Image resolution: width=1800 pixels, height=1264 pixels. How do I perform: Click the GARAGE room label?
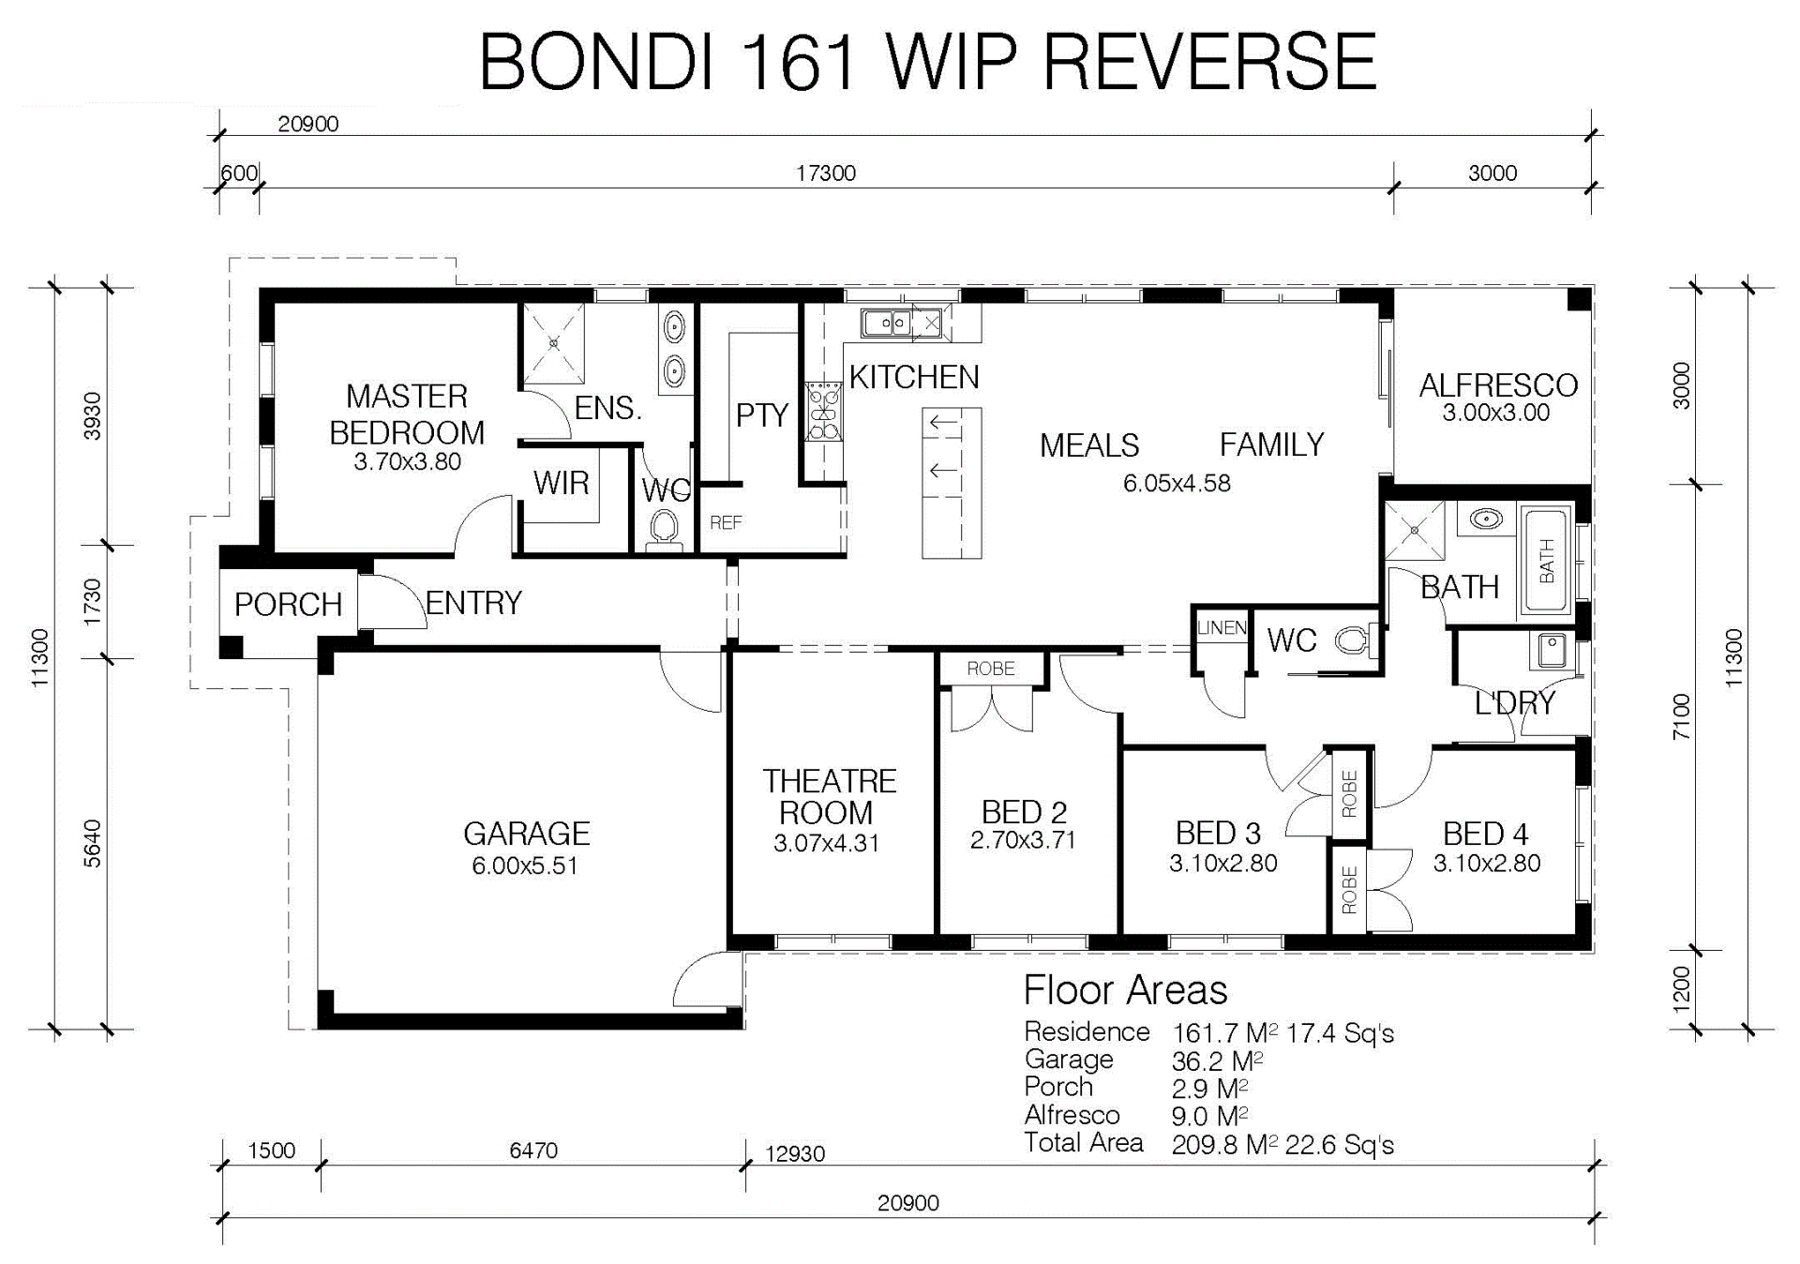[527, 833]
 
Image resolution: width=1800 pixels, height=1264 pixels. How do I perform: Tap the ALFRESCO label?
[1498, 384]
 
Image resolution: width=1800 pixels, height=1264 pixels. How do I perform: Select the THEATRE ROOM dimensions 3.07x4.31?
[826, 843]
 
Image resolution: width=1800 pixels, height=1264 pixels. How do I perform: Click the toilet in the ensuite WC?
[665, 528]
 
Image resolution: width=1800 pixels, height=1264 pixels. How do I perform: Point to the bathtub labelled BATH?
[1545, 560]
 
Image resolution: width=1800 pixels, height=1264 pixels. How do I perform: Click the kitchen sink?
[887, 323]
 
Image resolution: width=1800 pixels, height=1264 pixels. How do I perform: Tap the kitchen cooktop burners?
[824, 411]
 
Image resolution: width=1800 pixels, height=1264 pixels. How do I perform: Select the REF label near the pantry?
[726, 523]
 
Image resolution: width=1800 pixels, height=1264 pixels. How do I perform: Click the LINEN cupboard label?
[1222, 628]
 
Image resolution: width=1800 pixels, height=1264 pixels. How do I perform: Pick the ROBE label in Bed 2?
[991, 669]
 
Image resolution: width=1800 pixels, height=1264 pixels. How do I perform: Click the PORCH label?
[288, 605]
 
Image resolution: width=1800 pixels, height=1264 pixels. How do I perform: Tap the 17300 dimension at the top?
[826, 173]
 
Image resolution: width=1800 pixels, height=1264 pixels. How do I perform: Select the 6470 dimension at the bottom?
[533, 1151]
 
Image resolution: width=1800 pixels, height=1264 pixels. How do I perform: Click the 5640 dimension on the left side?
[92, 843]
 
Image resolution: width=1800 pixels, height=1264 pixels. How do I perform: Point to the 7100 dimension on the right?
[1682, 716]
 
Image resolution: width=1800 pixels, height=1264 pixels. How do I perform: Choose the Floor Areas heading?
[1125, 990]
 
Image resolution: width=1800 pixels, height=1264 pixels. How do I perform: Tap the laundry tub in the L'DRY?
[1551, 650]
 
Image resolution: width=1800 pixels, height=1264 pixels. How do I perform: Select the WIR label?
[561, 483]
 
